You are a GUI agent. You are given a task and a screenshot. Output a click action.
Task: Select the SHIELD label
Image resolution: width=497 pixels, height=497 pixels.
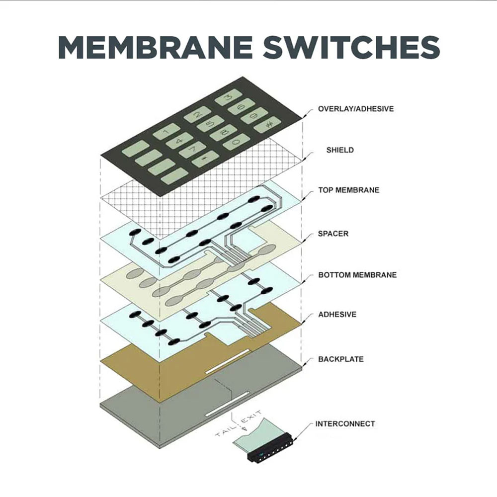point(340,150)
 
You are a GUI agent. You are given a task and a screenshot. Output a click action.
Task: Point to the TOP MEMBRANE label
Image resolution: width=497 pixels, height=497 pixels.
point(348,190)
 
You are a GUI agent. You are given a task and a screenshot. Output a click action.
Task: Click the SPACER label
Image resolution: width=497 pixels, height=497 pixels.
point(333,233)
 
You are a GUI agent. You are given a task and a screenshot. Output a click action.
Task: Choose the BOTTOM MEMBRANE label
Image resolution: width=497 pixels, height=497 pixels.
point(357,274)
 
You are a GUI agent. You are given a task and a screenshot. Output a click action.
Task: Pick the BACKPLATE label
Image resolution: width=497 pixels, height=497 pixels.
point(340,359)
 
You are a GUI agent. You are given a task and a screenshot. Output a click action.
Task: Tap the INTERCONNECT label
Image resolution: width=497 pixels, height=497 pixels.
point(345,424)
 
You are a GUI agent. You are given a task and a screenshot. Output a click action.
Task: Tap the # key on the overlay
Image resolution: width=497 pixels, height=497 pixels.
point(268,125)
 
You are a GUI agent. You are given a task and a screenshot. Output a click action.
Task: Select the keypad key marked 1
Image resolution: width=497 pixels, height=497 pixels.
point(166,132)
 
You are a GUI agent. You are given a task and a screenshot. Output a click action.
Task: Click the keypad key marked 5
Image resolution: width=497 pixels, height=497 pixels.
point(209,124)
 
